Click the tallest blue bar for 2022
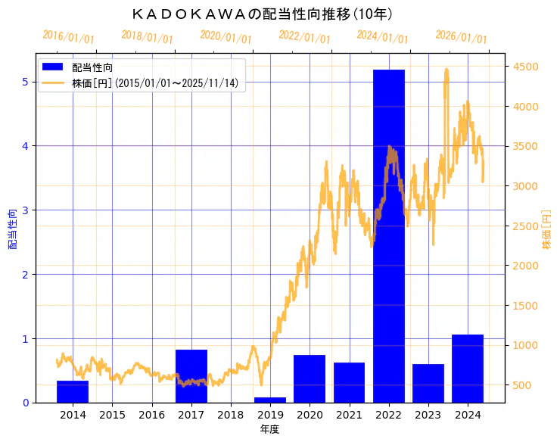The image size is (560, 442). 388,235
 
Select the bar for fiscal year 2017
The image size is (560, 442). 191,376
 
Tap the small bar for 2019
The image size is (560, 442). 270,400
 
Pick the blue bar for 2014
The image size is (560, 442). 73,391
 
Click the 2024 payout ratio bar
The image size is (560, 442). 467,368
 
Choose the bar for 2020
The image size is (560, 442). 310,378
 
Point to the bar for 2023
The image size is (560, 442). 428,383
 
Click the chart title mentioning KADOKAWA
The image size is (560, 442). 261,14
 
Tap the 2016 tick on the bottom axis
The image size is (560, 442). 151,415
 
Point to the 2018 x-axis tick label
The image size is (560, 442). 231,415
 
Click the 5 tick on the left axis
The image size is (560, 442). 25,82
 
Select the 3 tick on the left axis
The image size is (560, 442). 25,210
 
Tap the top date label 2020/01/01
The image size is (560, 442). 226,37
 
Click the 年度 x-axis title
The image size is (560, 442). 269,429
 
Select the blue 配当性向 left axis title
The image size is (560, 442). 13,229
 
